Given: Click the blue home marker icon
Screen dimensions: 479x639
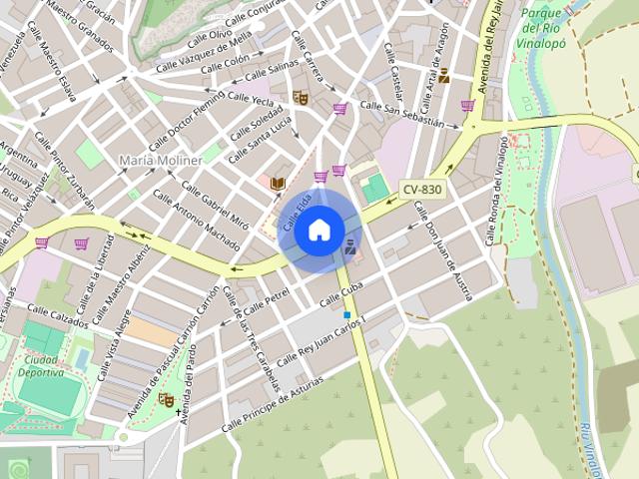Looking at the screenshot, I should pos(319,232).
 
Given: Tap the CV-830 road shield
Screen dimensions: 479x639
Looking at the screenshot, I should pos(422,189).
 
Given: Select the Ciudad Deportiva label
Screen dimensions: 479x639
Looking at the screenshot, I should pos(41,366).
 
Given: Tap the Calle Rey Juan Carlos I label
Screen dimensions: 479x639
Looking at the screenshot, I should pos(321,340).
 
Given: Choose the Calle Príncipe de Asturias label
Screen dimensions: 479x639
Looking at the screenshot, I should pos(275,398).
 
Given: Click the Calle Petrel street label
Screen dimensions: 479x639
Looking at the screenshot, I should pos(267,297).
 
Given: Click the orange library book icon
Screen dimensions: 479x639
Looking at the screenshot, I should pos(279,183).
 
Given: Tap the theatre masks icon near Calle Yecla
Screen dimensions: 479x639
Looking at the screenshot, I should pos(299,97).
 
